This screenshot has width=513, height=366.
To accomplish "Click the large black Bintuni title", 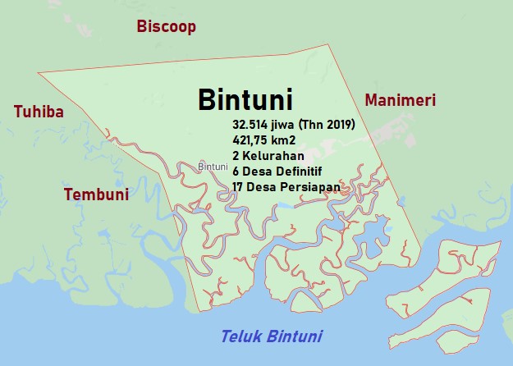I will point(245,99).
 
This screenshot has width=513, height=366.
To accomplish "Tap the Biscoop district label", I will point(167,27).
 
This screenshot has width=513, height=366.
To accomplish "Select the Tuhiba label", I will point(39,112).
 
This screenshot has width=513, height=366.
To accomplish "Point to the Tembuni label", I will point(96,194).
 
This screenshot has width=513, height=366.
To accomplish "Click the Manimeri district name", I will point(400,100).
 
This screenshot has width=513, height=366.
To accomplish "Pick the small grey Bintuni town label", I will point(213,167).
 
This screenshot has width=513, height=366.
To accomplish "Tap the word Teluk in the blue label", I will point(242,336).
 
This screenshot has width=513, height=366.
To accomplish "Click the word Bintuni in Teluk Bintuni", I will point(294,336).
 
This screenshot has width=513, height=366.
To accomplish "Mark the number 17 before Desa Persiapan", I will point(239,187).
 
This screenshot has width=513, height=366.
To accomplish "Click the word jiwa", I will point(286,125).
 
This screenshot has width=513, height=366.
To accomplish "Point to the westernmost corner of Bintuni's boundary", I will point(38,74).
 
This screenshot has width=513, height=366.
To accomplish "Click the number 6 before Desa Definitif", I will point(236,172).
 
